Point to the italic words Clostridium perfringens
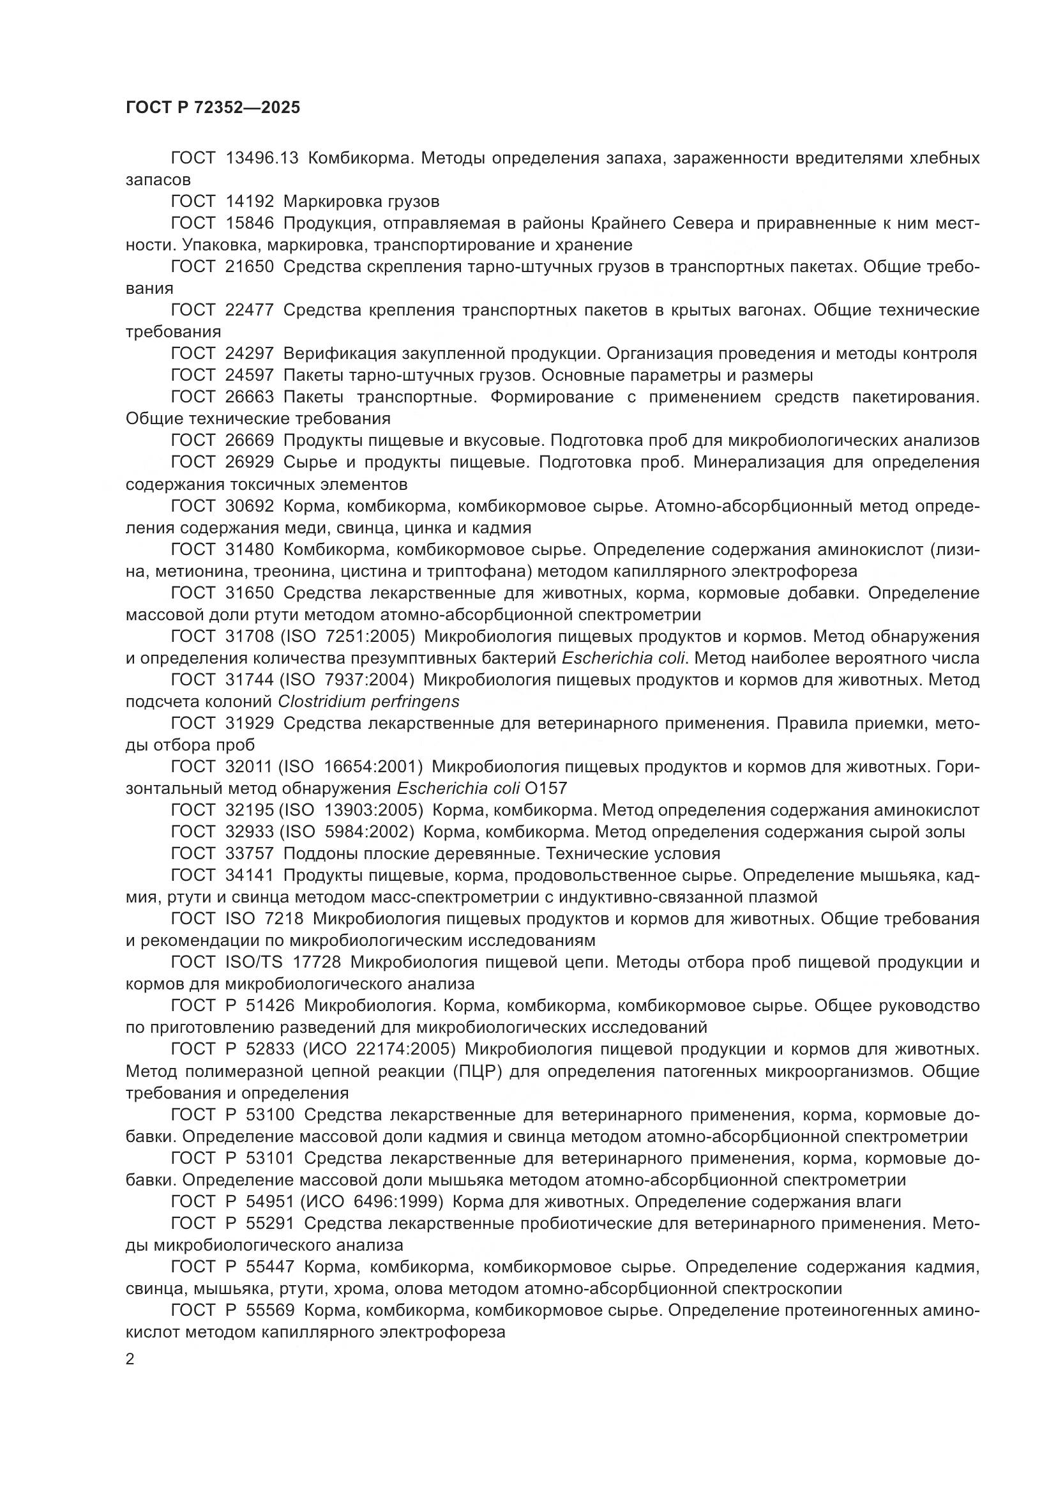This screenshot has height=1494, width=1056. tap(368, 701)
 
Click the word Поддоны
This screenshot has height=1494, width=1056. tap(319, 854)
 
